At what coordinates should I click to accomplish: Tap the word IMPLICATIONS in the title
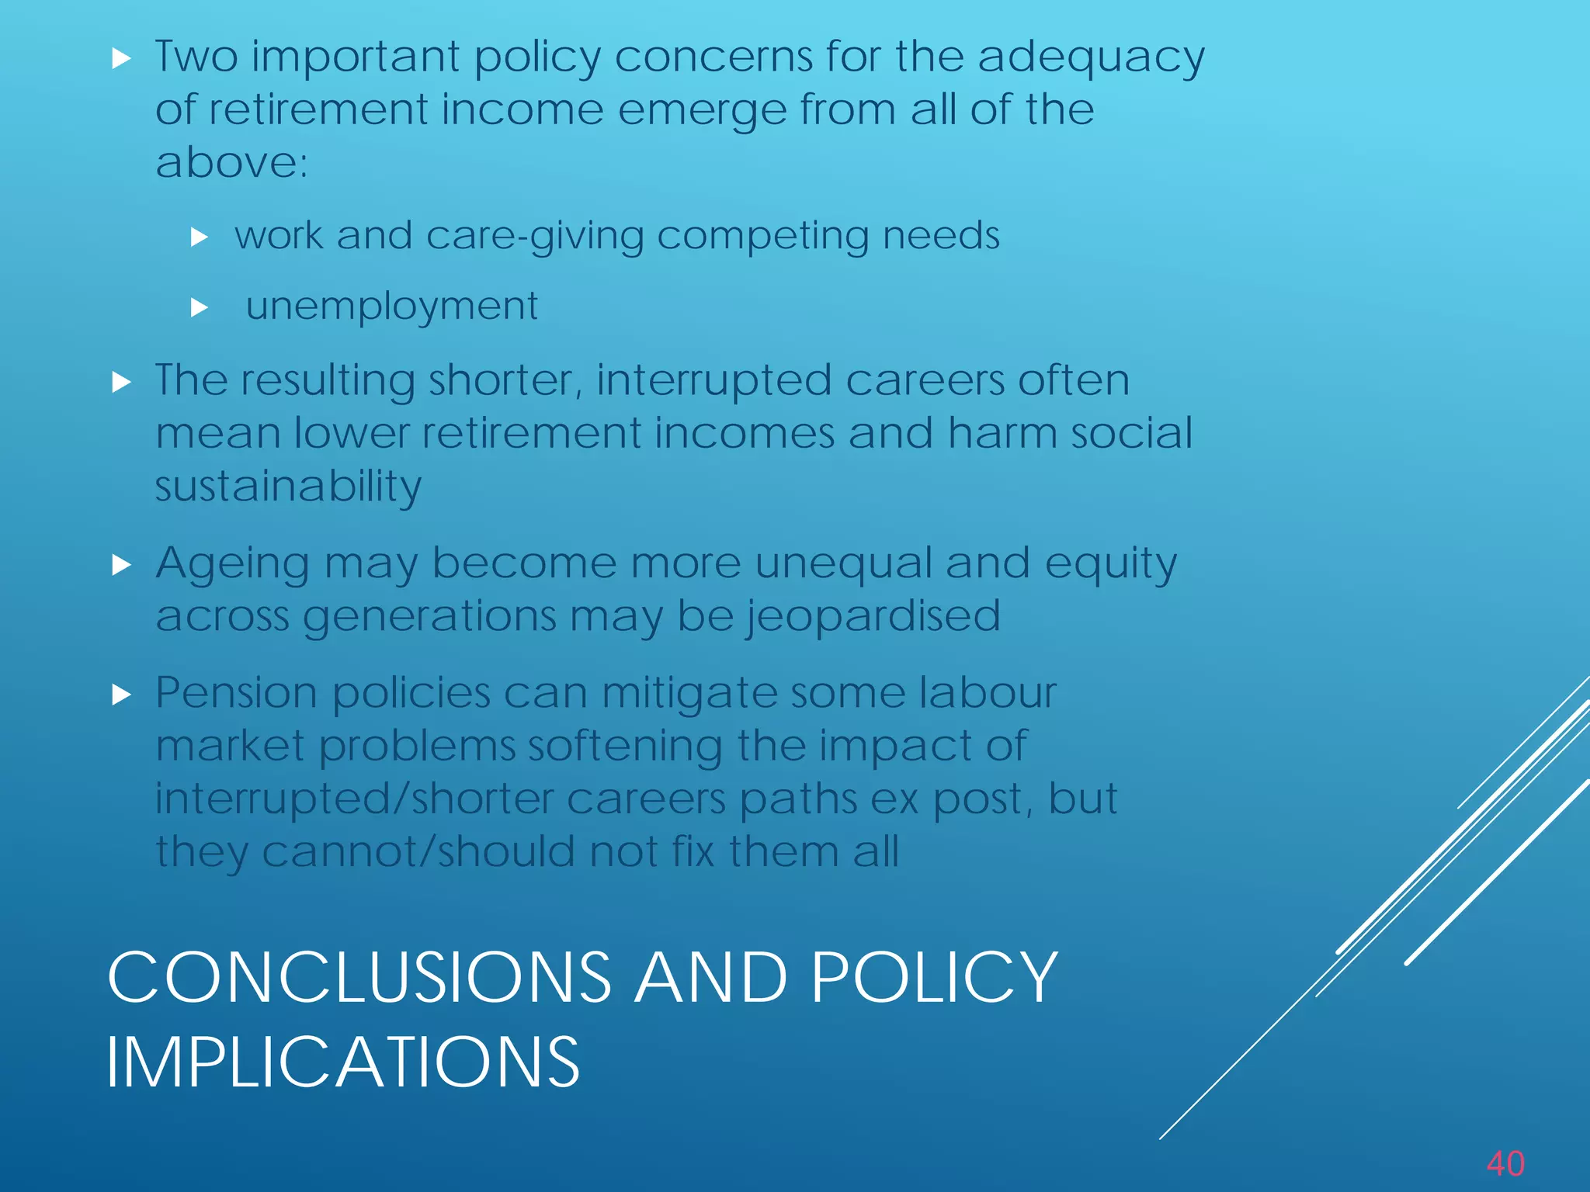click(342, 1062)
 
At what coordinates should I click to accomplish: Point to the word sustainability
click(288, 487)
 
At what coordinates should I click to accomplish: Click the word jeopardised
click(873, 617)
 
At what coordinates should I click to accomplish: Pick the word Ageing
click(232, 564)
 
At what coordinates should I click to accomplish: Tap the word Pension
click(236, 692)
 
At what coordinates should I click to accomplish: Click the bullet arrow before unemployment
click(200, 308)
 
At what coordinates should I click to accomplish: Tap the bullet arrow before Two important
click(121, 59)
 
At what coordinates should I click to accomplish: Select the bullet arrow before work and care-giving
click(200, 237)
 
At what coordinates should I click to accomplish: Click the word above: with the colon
click(231, 163)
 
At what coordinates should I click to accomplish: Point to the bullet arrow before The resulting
click(121, 382)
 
